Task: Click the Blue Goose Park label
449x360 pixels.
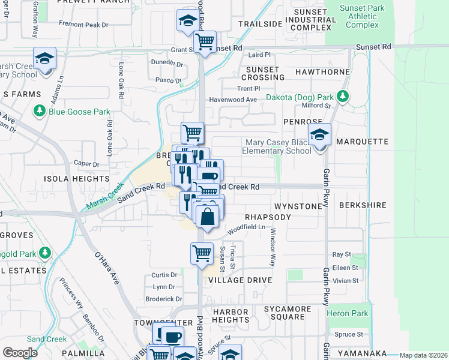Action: [79, 112]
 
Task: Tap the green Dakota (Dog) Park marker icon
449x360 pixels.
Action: [342, 97]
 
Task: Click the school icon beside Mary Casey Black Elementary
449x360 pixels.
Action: [320, 135]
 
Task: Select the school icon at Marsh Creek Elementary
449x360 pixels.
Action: [44, 59]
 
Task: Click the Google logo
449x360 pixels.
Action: [20, 353]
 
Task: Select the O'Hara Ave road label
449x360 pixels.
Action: [109, 266]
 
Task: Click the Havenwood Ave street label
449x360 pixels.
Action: [232, 100]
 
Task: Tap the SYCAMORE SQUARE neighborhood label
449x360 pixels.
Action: [288, 313]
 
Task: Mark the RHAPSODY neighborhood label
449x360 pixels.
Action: [268, 217]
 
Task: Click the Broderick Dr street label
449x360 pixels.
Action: [163, 299]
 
